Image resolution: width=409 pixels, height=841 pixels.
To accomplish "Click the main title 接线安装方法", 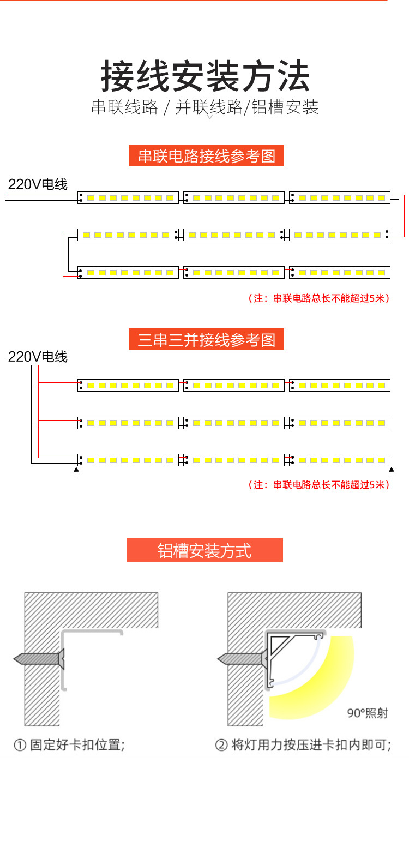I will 205,77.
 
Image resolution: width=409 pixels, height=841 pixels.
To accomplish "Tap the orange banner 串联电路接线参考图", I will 206,156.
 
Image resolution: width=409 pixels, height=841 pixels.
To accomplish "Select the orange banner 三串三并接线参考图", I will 206,340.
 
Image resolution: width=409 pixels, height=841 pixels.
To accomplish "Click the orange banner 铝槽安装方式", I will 204,550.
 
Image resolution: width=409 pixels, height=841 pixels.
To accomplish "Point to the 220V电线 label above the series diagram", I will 38,184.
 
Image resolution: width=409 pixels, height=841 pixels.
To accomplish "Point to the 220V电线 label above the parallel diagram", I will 38,357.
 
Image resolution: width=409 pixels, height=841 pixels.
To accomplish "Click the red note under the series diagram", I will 319,298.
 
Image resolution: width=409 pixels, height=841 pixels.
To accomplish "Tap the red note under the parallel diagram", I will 319,484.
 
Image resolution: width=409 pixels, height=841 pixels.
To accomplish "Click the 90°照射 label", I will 368,713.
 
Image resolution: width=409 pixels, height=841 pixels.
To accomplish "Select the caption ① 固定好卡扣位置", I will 69,745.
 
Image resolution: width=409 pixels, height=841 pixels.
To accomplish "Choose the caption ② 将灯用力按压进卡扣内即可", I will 303,745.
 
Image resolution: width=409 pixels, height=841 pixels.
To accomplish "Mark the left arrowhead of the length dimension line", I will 76,468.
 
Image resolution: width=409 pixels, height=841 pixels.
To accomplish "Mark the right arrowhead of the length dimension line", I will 391,468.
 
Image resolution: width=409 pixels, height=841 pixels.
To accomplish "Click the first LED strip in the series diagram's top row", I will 128,198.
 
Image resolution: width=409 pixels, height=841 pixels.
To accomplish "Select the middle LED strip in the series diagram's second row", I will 234,235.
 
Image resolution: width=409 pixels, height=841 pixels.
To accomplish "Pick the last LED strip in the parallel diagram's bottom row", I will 340,460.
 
